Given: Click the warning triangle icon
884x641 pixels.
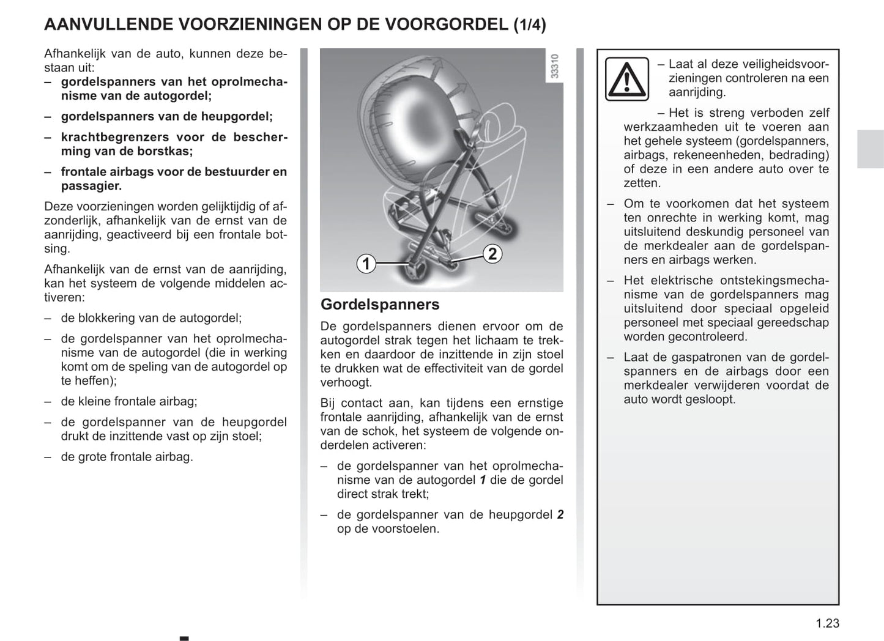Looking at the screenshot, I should pyautogui.click(x=627, y=79).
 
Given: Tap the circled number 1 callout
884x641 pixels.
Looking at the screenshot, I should pyautogui.click(x=366, y=264).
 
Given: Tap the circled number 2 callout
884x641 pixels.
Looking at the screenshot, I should pyautogui.click(x=492, y=254).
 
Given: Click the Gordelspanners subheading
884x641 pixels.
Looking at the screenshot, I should pyautogui.click(x=380, y=305).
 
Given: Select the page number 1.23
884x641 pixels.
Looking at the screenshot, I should pyautogui.click(x=827, y=623).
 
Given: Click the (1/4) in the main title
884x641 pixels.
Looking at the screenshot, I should pyautogui.click(x=530, y=25).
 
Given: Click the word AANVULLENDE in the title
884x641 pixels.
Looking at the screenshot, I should pyautogui.click(x=107, y=24).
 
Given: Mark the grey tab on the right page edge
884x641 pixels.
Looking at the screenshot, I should pyautogui.click(x=870, y=149).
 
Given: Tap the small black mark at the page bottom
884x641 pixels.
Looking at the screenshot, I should pyautogui.click(x=184, y=639).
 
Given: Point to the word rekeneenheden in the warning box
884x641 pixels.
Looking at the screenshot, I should pyautogui.click(x=716, y=155).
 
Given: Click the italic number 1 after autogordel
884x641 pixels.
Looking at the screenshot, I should pyautogui.click(x=483, y=480).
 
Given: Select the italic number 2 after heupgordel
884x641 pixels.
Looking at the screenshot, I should pyautogui.click(x=560, y=515).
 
